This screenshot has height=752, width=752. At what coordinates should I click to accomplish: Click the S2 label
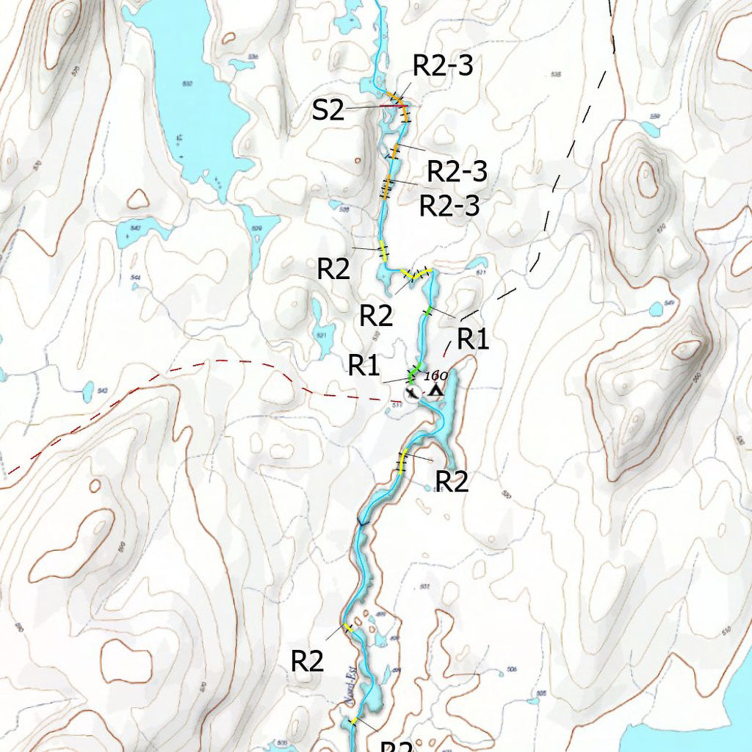[x=328, y=110]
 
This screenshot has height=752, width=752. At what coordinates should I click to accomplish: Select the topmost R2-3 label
[x=442, y=65]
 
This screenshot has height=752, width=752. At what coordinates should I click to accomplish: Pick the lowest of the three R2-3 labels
[x=449, y=206]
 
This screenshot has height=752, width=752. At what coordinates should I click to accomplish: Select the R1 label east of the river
[x=473, y=339]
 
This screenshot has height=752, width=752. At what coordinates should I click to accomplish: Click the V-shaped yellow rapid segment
[x=415, y=275]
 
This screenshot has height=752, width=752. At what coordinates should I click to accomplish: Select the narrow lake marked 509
[x=255, y=235]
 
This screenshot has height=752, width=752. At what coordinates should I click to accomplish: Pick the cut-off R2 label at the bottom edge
[x=397, y=745]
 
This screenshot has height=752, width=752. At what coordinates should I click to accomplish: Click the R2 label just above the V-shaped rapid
[x=333, y=269]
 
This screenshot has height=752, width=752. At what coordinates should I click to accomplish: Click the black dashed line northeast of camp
[x=558, y=191]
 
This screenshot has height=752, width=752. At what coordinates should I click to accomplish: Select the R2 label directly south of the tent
[x=452, y=481]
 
